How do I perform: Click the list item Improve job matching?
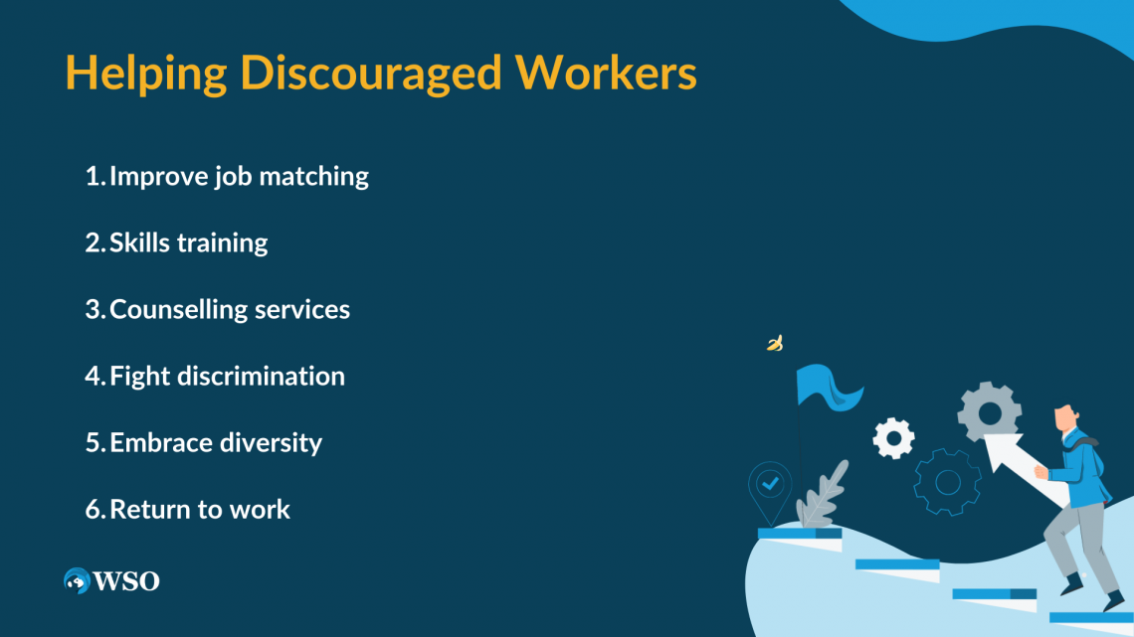click(239, 177)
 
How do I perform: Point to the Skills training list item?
click(189, 242)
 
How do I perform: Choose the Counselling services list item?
click(230, 309)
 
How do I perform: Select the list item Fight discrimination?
click(227, 376)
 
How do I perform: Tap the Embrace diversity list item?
click(216, 442)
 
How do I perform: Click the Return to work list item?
click(200, 509)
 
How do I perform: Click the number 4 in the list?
click(93, 377)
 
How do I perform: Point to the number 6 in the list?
click(93, 510)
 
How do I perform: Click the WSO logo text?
click(126, 581)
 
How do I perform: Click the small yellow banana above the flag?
click(775, 344)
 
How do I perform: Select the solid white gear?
click(893, 437)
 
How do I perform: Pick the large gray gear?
click(989, 410)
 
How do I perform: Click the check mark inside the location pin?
click(769, 484)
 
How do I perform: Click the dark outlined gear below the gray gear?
click(947, 482)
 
